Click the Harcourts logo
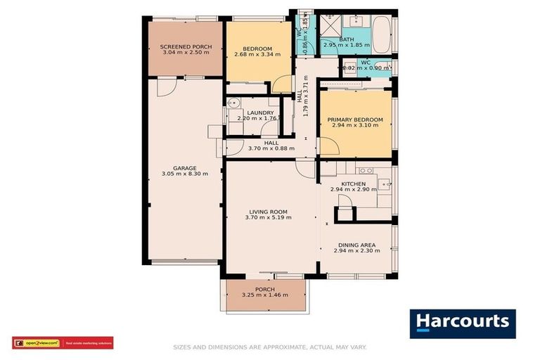463,323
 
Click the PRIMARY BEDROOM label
355,120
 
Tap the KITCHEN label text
353,184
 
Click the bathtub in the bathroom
382,32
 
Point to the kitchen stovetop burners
365,170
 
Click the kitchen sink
385,185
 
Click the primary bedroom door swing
328,147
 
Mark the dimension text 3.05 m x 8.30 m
185,174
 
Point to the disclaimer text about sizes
270,347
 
